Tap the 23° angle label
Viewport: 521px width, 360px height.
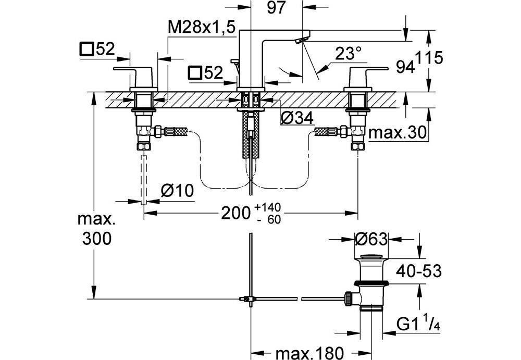pyautogui.click(x=349, y=54)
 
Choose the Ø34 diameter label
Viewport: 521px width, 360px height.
pyautogui.click(x=297, y=119)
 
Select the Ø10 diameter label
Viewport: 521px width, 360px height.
pyautogui.click(x=177, y=191)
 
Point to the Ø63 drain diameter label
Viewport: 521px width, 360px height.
pyautogui.click(x=371, y=240)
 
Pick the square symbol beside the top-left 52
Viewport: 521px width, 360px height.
pyautogui.click(x=86, y=49)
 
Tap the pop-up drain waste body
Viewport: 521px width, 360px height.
pyautogui.click(x=371, y=284)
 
